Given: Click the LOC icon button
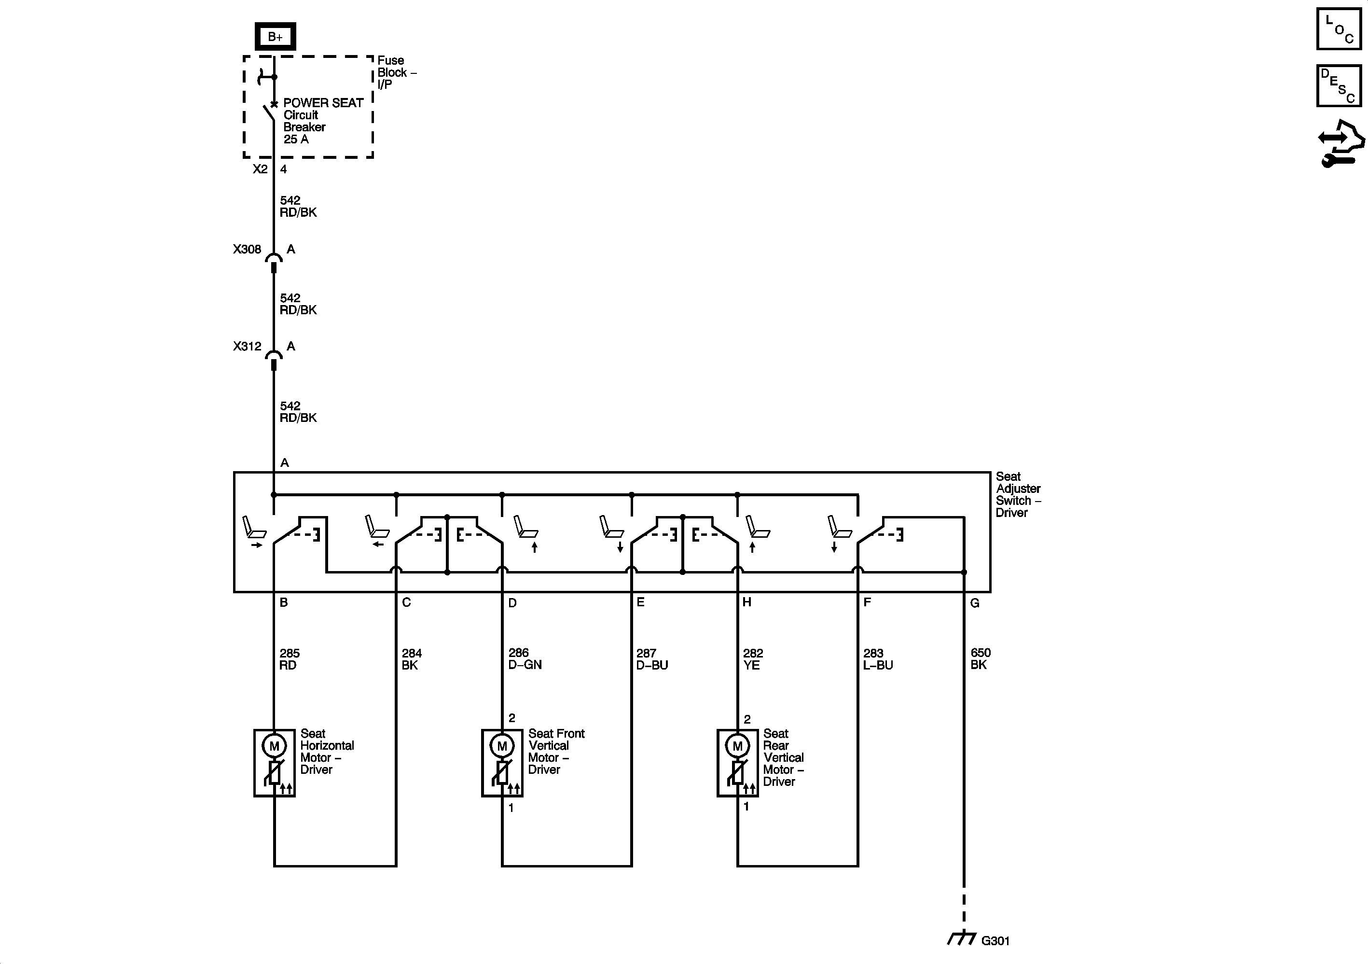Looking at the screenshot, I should [x=1339, y=28].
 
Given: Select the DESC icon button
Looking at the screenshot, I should [x=1339, y=86].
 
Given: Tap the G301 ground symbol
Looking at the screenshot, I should [x=962, y=939].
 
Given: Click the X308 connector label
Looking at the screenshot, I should [x=247, y=249].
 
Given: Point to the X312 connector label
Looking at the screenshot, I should [x=247, y=347].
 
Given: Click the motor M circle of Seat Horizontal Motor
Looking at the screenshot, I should [x=274, y=746].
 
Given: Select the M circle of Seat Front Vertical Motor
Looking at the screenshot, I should [x=502, y=746].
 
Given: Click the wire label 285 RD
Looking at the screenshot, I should [x=289, y=659].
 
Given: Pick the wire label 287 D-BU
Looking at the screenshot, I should [x=651, y=659].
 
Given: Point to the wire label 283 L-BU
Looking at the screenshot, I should [x=877, y=659].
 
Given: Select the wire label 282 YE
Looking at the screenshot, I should [x=752, y=659].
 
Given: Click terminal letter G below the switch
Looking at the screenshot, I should [x=974, y=603].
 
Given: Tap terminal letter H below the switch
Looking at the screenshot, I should [x=746, y=602].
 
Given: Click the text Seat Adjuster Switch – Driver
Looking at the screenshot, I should [x=1017, y=494].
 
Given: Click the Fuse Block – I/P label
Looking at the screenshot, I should [x=395, y=72].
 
